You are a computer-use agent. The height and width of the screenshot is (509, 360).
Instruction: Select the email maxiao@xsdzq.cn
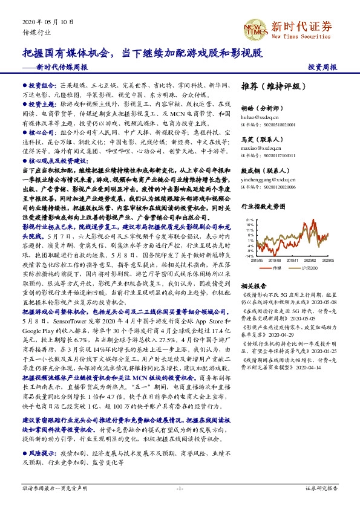(258, 146)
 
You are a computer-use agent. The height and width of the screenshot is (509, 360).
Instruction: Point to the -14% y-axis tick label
(249, 256)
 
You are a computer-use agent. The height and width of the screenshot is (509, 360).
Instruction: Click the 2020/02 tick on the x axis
(313, 261)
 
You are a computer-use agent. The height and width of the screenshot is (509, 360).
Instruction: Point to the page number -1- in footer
(180, 488)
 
